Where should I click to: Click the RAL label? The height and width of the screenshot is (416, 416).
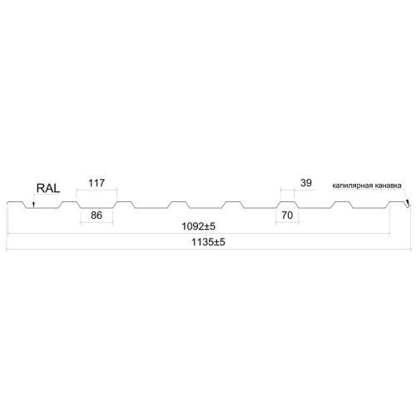pos(48,188)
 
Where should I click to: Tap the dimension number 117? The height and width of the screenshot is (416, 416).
pos(97,183)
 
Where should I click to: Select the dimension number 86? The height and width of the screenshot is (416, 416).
pos(97,215)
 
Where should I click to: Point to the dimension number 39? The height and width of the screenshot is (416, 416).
pos(306,183)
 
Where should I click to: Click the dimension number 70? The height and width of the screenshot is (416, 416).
pos(287,215)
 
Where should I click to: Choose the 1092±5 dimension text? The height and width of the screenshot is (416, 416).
pos(198,226)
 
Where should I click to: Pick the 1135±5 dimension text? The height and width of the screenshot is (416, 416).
pos(208,242)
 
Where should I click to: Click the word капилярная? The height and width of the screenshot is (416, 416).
pos(353,186)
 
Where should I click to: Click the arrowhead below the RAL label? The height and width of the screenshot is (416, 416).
pos(33,205)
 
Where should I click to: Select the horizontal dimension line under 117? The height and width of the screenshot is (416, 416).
pos(97,191)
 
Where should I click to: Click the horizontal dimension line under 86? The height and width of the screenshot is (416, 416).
pos(97,222)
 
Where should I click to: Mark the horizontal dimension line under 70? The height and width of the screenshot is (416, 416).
pos(287,223)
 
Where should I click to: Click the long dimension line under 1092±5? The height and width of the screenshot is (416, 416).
pos(199,234)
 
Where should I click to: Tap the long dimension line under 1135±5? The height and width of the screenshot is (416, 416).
pos(208,250)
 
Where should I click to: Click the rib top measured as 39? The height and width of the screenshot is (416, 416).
pos(287,201)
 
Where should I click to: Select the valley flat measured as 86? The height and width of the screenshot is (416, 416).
pos(97,208)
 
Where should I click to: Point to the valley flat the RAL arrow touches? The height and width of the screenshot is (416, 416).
pos(42,208)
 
